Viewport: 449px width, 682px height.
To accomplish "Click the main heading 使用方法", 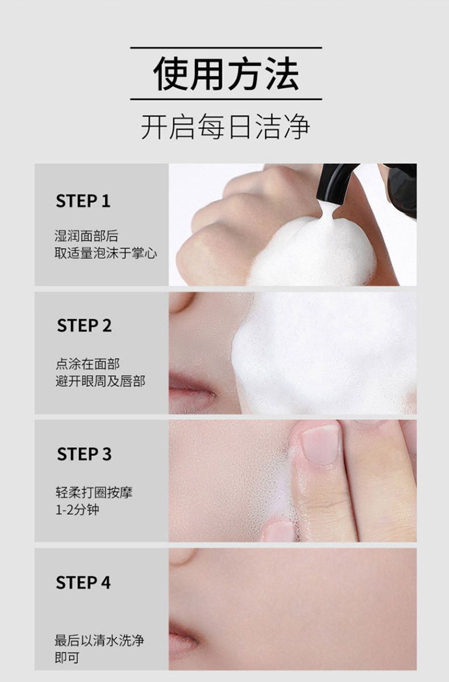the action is point(226,74).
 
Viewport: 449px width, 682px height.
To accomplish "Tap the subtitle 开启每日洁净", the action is point(226,126).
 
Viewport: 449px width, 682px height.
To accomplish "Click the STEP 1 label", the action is point(83,201).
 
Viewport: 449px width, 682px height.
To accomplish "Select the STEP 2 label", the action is point(84,326).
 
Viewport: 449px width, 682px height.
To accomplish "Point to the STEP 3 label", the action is point(84,454).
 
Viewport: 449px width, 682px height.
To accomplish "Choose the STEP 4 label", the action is point(83,583).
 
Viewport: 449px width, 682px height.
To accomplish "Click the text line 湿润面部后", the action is point(86,236).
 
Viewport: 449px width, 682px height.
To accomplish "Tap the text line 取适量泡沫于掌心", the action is point(106,253).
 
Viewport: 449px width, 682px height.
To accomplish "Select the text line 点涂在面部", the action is point(88,364).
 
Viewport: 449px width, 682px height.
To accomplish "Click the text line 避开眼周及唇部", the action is point(101,381).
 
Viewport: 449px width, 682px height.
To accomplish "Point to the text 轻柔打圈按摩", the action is point(94,492).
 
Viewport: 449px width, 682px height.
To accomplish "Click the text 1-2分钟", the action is point(77,510).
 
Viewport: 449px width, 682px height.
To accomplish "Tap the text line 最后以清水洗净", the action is point(99,641).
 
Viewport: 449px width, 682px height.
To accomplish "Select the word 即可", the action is point(67,658).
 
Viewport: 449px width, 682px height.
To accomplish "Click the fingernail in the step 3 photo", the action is point(320,445).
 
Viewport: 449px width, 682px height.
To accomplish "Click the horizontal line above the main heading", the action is point(226,48).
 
